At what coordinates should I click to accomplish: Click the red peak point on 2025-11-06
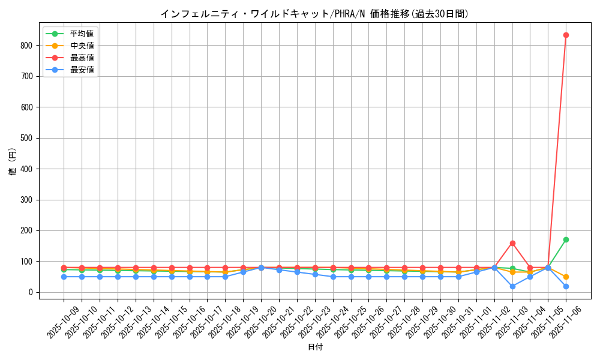(566, 35)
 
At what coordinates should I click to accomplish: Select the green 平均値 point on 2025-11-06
(566, 239)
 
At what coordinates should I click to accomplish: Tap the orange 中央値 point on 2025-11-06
(566, 277)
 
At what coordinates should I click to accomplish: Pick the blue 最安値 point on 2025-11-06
(566, 286)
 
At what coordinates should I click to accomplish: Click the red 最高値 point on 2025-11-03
(512, 243)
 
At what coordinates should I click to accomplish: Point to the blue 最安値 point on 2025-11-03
(512, 286)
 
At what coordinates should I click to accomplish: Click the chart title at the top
(314, 14)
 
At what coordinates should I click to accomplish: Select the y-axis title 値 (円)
(13, 162)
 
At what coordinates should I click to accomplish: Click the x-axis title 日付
(315, 347)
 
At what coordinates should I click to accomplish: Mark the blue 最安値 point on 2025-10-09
(64, 277)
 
